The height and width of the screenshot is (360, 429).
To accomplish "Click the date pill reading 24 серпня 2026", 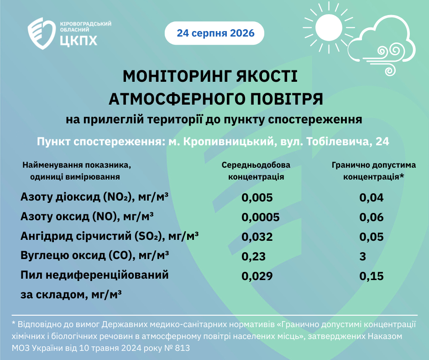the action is (x=214, y=33).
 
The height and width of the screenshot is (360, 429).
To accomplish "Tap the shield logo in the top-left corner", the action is (x=42, y=33).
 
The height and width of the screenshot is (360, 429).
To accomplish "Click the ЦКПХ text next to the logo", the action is (x=78, y=40).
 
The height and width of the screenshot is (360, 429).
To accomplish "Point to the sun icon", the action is (x=329, y=28).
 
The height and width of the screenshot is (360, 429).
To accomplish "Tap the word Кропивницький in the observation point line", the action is (x=229, y=142).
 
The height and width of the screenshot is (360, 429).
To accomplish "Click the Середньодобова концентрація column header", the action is (x=256, y=171).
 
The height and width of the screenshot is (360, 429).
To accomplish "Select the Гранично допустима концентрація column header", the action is (x=374, y=171).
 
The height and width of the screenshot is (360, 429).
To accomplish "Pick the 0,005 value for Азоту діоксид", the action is (x=257, y=197).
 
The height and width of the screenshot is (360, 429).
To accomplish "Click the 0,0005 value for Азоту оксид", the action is (x=261, y=217).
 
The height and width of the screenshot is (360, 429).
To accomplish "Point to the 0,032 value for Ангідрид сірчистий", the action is (x=257, y=237).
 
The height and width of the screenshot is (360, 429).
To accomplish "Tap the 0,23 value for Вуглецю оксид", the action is (x=254, y=256).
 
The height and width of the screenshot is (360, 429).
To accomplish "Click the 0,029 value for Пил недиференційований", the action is (x=257, y=276).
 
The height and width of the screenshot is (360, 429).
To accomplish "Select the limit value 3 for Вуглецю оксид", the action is (x=362, y=256).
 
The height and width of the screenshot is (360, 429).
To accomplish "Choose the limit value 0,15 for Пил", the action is (x=371, y=276).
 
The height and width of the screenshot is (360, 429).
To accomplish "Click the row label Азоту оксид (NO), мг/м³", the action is (x=87, y=217).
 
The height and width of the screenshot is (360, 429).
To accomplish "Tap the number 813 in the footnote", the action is (x=182, y=348).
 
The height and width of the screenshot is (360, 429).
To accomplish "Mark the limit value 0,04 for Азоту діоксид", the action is (x=371, y=197).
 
